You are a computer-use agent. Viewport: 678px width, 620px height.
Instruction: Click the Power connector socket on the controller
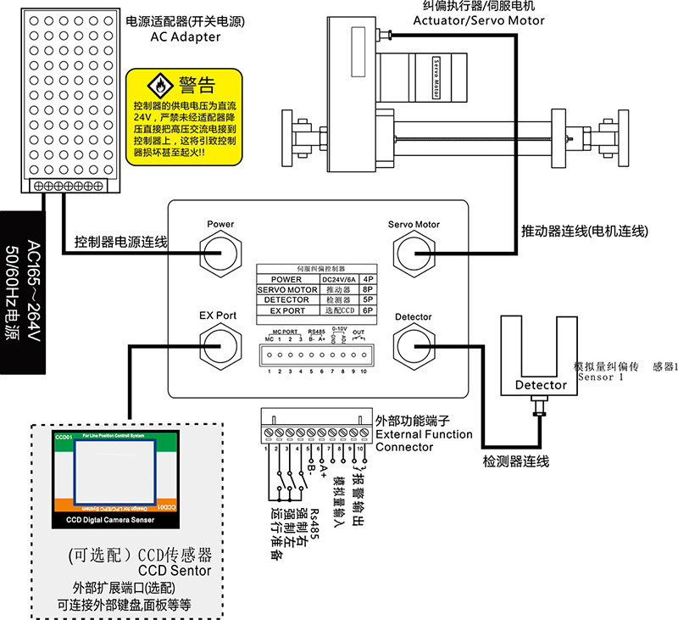point(220,252)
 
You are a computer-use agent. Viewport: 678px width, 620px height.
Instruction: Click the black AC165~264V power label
point(22,291)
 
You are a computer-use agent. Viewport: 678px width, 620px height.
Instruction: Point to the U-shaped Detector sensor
point(541,357)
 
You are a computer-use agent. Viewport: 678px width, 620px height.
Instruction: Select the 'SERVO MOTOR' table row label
point(286,289)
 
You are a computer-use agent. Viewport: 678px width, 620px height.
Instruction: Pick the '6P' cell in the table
point(368,310)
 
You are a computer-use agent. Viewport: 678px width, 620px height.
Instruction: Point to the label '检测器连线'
point(516,462)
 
